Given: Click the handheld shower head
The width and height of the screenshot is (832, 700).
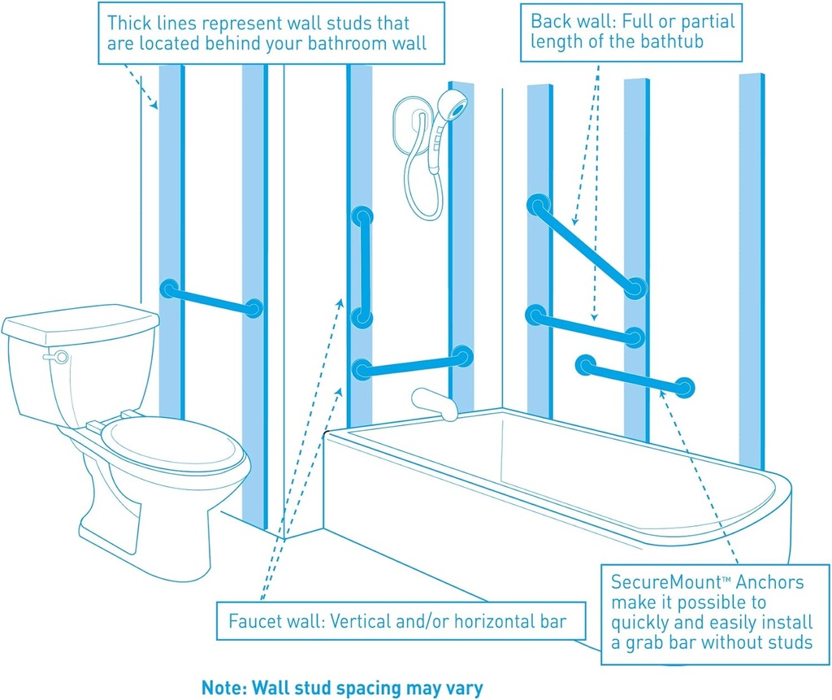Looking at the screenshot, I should tap(452, 104).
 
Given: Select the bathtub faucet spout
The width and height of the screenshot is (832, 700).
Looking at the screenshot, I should tap(430, 401).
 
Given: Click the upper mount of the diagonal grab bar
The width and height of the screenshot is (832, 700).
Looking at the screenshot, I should tap(537, 205).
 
